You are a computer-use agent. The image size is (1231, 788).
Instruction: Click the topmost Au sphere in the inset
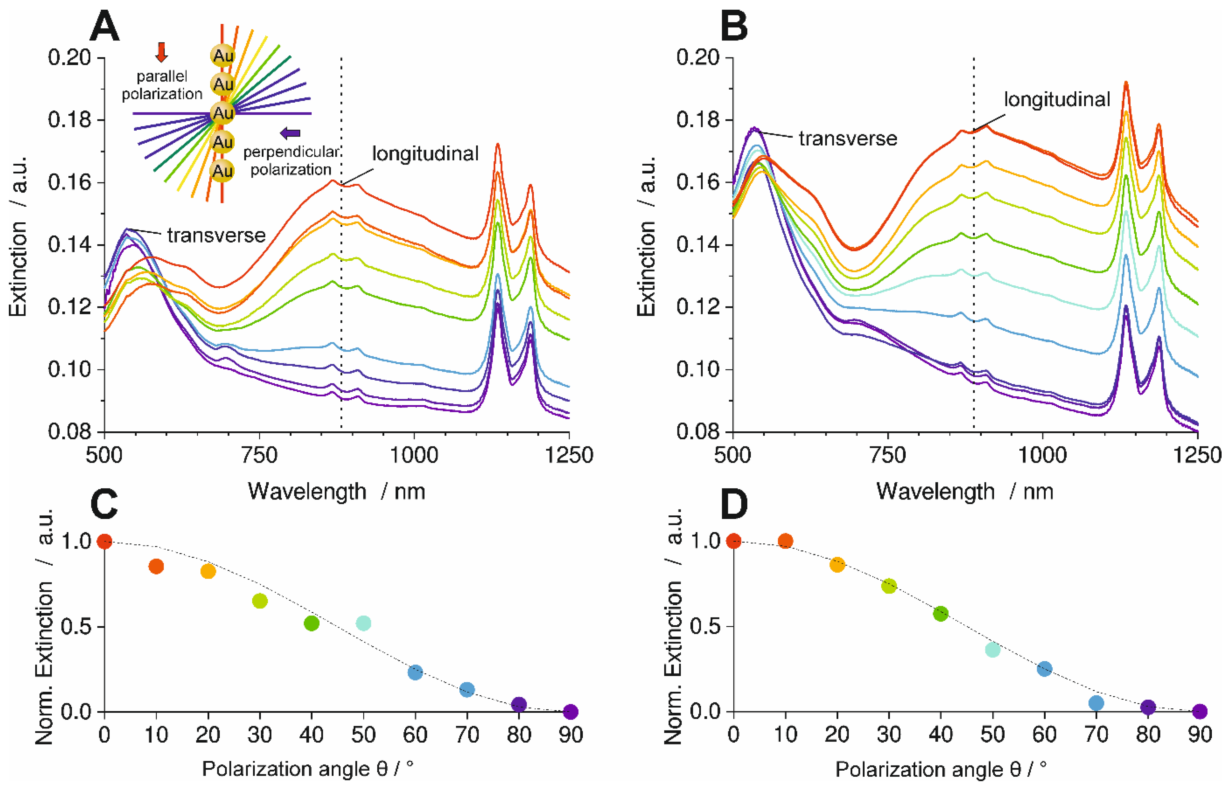click(223, 55)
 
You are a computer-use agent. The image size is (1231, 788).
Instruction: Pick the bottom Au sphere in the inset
click(223, 170)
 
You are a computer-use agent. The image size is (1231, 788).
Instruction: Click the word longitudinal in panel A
click(425, 153)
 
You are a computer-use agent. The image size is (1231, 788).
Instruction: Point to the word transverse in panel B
click(848, 139)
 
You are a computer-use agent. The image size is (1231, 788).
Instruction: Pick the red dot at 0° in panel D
click(733, 541)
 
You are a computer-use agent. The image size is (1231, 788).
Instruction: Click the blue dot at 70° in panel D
click(1096, 703)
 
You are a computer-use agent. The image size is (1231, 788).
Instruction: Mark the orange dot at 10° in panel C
click(156, 566)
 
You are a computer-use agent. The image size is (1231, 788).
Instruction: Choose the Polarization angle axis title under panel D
click(940, 769)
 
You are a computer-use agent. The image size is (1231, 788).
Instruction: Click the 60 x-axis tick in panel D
click(1044, 735)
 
